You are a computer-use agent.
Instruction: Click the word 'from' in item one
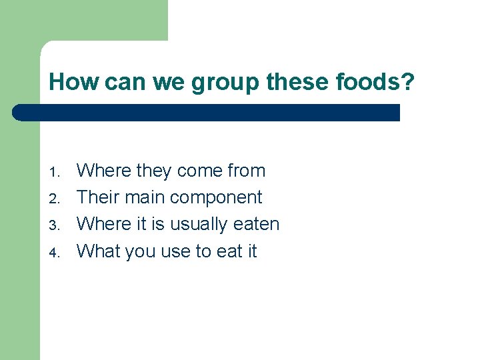click(x=246, y=171)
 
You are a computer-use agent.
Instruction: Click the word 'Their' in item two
click(x=97, y=197)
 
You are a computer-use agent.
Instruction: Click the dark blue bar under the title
click(x=207, y=113)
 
